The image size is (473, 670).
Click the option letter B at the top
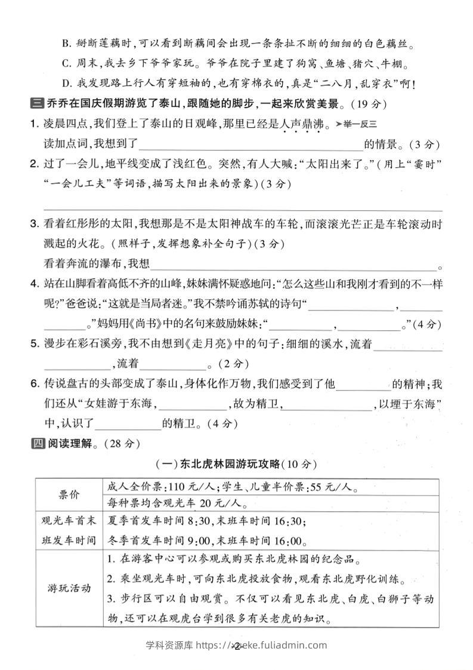tap(66, 44)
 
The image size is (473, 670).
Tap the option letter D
tap(66, 84)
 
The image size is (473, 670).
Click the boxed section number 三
tap(35, 105)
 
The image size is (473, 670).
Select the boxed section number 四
tap(35, 443)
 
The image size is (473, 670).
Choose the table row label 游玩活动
tap(69, 588)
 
